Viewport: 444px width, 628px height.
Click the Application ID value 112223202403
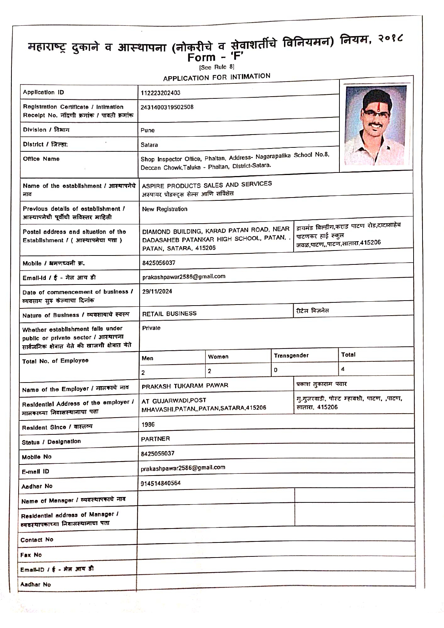tap(160, 93)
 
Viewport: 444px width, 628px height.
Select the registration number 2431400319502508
tap(167, 107)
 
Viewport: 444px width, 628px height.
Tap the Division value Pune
tap(148, 130)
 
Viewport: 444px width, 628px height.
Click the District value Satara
tap(149, 145)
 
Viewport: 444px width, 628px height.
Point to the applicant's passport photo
tap(376, 125)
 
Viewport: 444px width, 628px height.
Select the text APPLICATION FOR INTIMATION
tap(217, 77)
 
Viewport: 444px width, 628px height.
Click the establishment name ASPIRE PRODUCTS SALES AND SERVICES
tap(207, 185)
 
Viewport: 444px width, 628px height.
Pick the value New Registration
tap(165, 209)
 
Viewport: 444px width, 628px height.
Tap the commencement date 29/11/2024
tap(157, 291)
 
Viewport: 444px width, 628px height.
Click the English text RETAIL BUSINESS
tap(169, 314)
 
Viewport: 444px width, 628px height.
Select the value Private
tap(151, 328)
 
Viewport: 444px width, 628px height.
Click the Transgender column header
tap(291, 356)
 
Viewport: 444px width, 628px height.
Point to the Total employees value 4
tap(343, 369)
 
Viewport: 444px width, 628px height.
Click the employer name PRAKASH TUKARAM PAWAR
tap(185, 386)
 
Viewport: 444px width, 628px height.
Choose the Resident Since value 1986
tap(148, 425)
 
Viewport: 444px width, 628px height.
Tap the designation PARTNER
tap(155, 439)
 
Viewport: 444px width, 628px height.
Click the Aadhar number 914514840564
tap(160, 483)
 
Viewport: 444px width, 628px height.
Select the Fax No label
tap(31, 555)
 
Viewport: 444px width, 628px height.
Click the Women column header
tap(218, 357)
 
